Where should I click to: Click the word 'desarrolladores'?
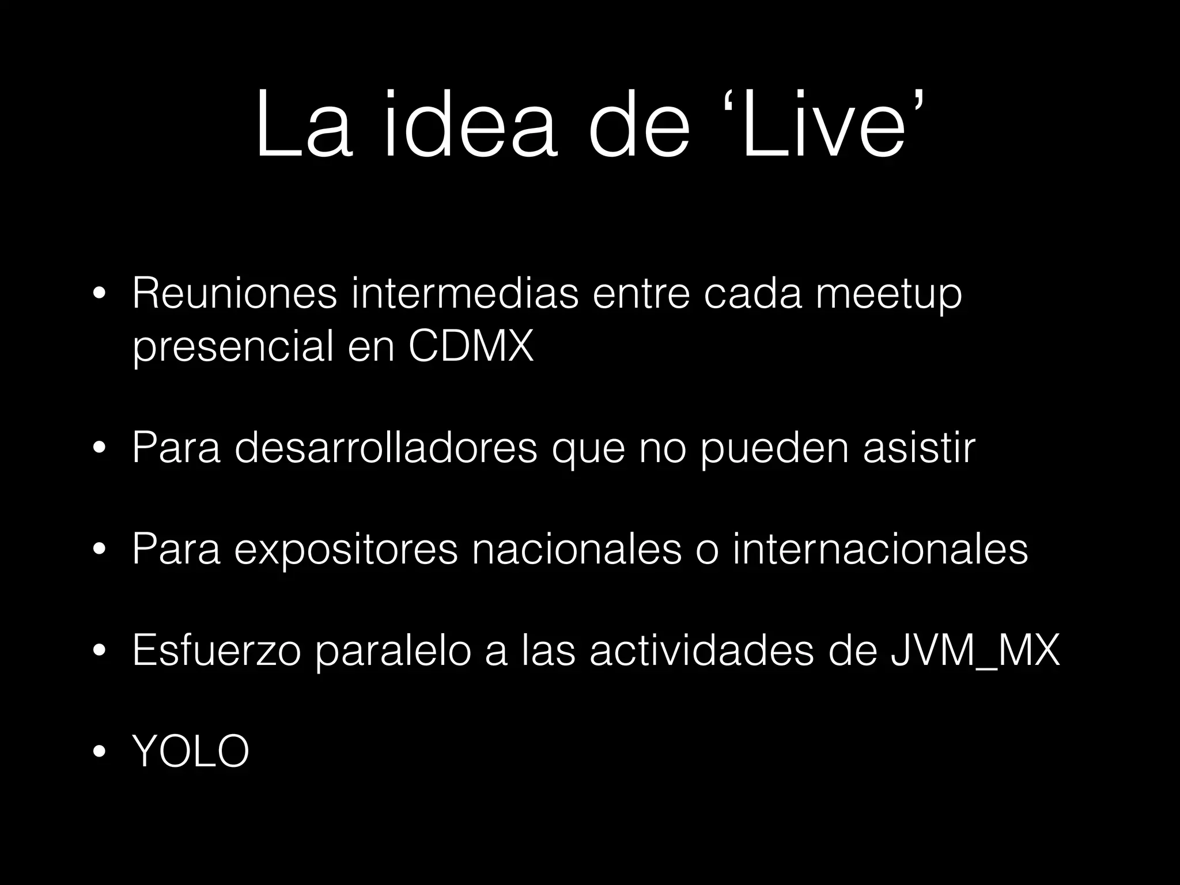click(x=385, y=448)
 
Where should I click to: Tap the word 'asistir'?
click(x=919, y=448)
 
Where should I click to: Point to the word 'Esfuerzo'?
click(x=217, y=650)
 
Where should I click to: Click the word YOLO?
click(x=191, y=751)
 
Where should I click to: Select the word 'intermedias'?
click(x=464, y=293)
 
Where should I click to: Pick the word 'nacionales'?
click(x=577, y=549)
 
